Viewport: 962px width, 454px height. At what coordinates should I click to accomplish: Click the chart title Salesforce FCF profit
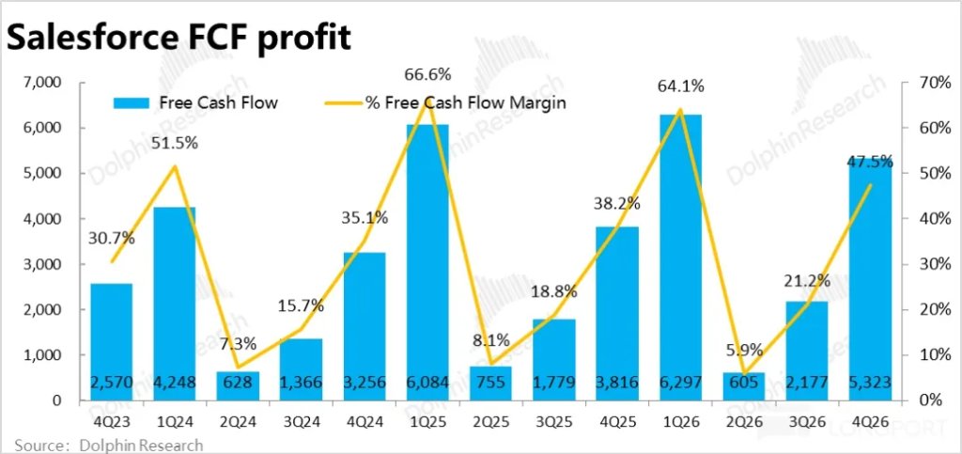(x=179, y=37)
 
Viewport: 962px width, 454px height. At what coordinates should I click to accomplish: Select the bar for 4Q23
(x=111, y=338)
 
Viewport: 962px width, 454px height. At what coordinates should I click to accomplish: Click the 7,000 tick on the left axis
(x=41, y=83)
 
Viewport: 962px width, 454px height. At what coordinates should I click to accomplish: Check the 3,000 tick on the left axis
(x=41, y=264)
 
